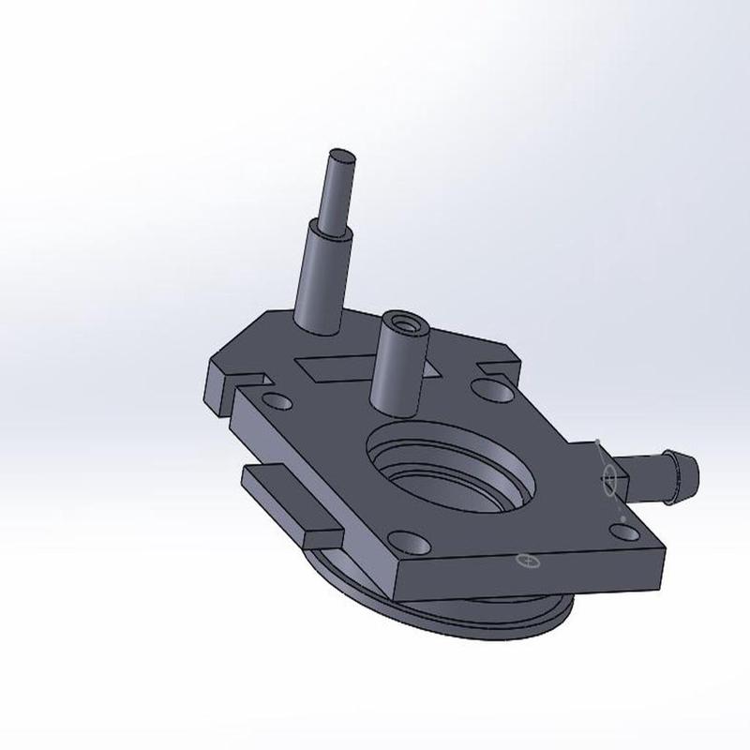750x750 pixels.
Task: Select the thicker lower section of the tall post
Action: tap(322, 277)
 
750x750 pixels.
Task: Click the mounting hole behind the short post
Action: tap(488, 386)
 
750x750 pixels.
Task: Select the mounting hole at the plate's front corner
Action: tap(406, 542)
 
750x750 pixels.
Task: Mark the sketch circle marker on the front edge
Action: tap(528, 562)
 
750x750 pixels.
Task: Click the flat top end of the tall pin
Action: tap(342, 156)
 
